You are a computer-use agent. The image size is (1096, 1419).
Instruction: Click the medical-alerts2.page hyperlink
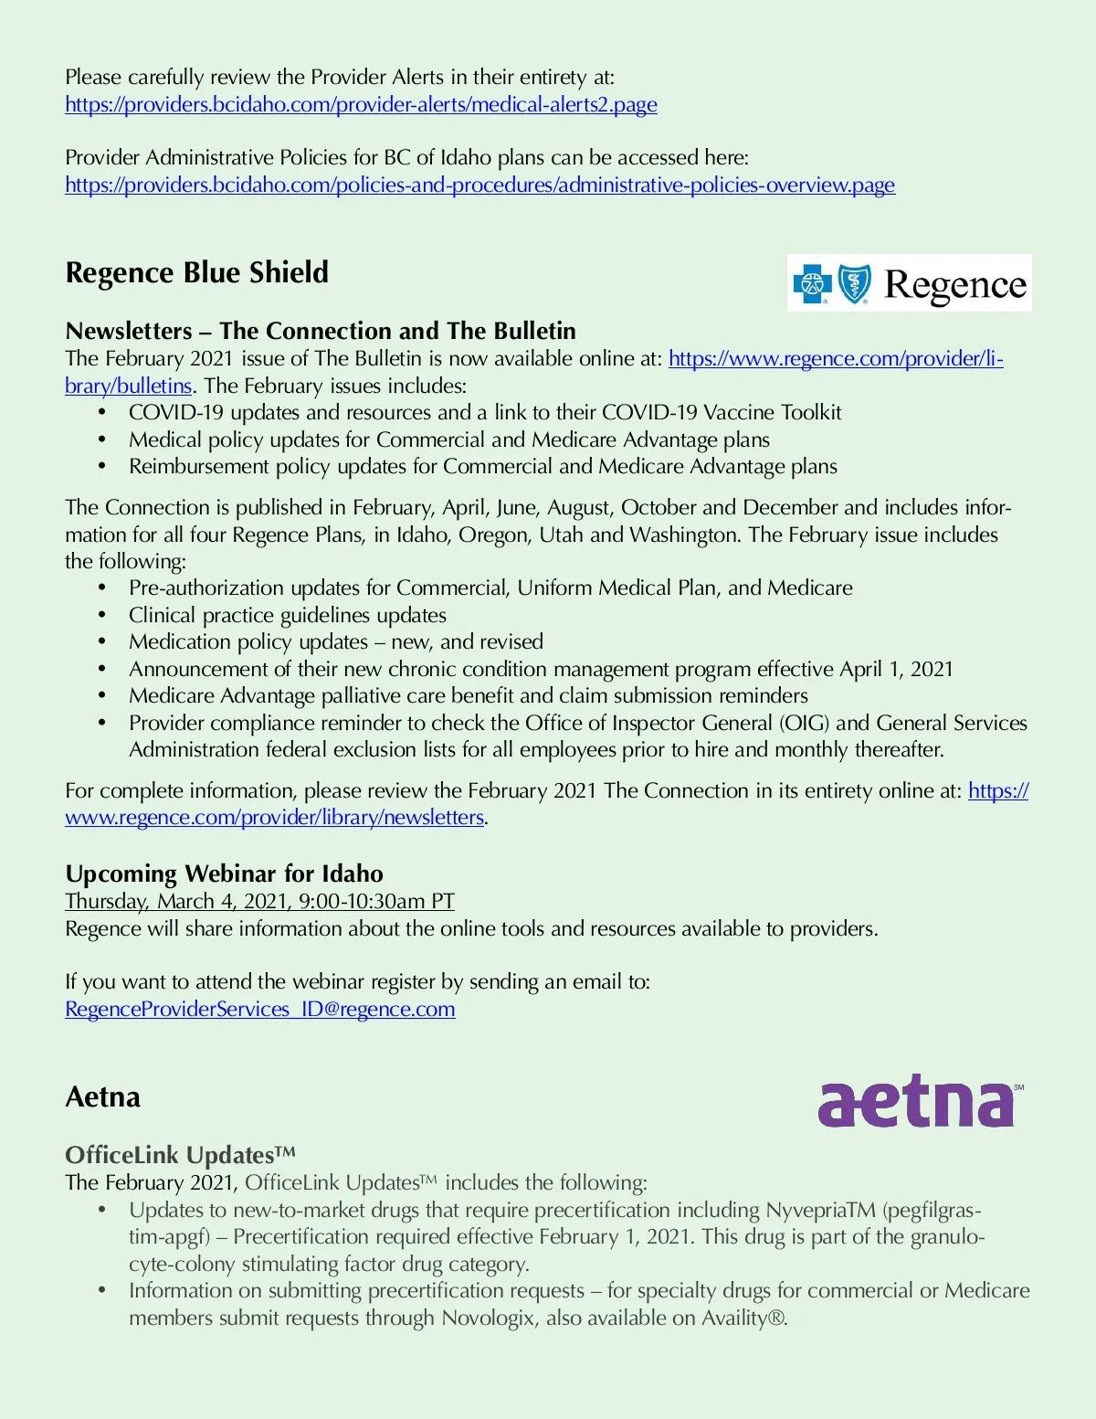(361, 105)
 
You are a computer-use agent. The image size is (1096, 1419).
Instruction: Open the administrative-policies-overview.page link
(479, 185)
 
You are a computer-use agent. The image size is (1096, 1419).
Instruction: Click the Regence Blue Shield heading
(196, 272)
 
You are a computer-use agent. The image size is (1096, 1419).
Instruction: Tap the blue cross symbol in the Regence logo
(812, 283)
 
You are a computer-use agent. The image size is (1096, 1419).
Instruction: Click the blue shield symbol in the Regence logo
(855, 283)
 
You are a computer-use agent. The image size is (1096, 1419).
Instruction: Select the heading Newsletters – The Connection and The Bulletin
(321, 331)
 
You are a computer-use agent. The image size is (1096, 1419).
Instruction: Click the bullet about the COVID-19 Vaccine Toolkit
(484, 413)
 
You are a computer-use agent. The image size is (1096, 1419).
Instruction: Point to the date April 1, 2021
(896, 670)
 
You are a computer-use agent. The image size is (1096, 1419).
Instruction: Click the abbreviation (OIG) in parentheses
(804, 724)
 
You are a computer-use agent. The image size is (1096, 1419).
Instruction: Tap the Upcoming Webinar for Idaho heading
(224, 874)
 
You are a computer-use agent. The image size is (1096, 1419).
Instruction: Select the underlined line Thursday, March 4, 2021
(259, 902)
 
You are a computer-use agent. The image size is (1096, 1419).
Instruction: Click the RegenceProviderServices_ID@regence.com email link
(259, 1010)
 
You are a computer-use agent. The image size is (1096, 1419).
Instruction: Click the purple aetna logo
(917, 1103)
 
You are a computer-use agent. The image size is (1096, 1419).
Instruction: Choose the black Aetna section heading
(102, 1097)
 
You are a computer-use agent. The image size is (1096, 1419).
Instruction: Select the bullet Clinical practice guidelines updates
(287, 616)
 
